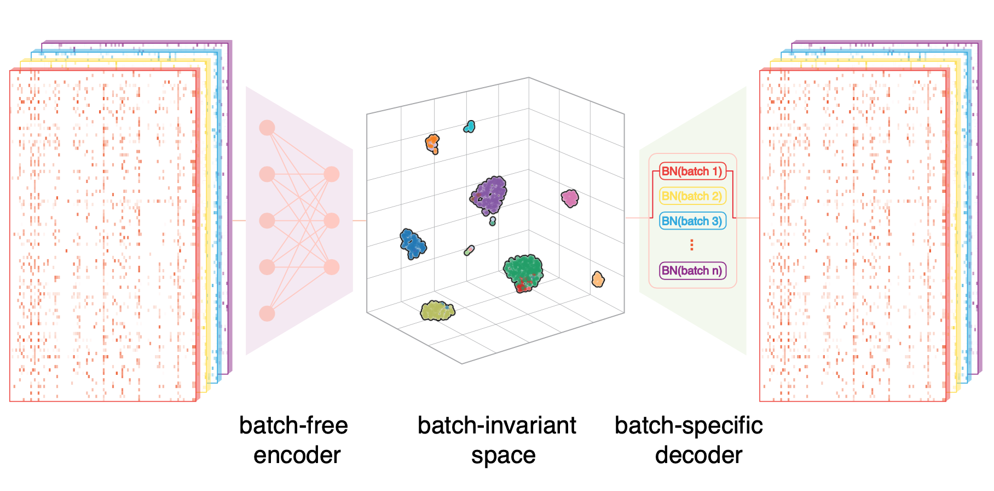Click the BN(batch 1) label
click(692, 172)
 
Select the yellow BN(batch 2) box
click(692, 196)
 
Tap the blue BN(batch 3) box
click(692, 221)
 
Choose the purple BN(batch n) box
click(692, 270)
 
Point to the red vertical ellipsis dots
click(692, 245)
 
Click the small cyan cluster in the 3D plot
click(469, 127)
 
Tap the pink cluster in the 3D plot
click(570, 198)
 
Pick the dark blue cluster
click(412, 244)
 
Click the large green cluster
click(523, 271)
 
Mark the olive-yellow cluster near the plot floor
click(437, 311)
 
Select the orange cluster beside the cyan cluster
click(432, 144)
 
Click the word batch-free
click(293, 426)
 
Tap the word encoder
click(297, 455)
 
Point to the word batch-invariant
click(496, 426)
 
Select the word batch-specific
click(689, 426)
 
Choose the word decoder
click(698, 455)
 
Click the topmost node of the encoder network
click(267, 128)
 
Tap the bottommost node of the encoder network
click(267, 313)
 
